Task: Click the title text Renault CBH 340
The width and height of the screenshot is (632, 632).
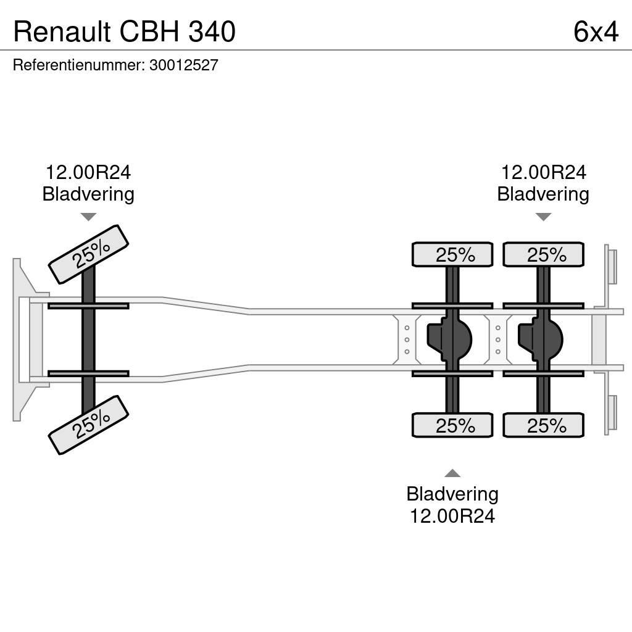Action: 124,31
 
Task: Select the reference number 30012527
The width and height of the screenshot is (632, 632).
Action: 184,65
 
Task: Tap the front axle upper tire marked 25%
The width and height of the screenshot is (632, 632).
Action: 88,254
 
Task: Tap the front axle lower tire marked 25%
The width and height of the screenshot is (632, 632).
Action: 88,425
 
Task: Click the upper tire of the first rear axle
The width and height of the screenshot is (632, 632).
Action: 452,254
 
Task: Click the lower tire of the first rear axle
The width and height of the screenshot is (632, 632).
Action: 452,425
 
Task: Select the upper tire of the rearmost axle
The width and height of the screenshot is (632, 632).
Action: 543,254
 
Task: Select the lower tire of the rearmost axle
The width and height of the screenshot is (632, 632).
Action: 543,425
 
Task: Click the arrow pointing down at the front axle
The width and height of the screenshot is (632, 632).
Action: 88,217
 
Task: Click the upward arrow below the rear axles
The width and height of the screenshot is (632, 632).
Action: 452,473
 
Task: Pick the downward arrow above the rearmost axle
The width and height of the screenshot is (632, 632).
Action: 543,217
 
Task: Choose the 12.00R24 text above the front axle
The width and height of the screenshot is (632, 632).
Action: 88,173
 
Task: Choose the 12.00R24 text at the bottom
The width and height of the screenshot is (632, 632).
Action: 452,515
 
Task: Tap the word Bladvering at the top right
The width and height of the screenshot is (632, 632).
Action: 543,194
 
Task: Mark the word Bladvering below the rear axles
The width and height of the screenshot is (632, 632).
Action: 452,494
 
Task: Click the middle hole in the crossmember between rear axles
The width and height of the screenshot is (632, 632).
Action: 498,339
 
